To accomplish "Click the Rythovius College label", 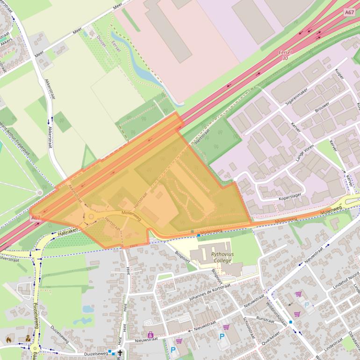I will [x=221, y=257].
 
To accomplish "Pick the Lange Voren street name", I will [x=304, y=154].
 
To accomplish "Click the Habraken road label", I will [x=67, y=231].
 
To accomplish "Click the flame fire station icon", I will [x=8, y=339].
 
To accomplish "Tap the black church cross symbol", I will [x=120, y=353].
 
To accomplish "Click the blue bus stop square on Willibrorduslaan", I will [x=291, y=322].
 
